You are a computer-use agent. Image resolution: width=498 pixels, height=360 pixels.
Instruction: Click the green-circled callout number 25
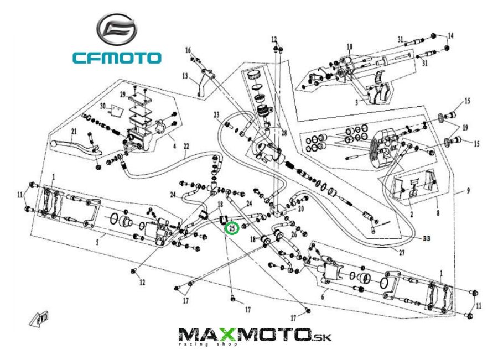[232, 227]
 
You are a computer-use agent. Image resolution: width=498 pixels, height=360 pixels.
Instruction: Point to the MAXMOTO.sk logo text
[255, 335]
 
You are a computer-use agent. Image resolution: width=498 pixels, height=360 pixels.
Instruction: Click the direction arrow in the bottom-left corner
[41, 319]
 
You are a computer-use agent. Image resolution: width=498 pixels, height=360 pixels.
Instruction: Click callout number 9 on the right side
[468, 191]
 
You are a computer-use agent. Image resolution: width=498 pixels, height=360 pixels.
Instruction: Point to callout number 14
[450, 35]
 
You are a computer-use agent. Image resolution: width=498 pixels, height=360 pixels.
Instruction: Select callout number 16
[188, 50]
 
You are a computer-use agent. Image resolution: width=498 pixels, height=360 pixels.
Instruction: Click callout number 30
[103, 105]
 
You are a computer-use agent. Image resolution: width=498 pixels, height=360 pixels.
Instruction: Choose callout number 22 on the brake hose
[186, 147]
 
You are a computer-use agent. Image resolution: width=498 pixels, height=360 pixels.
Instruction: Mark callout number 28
[284, 133]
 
